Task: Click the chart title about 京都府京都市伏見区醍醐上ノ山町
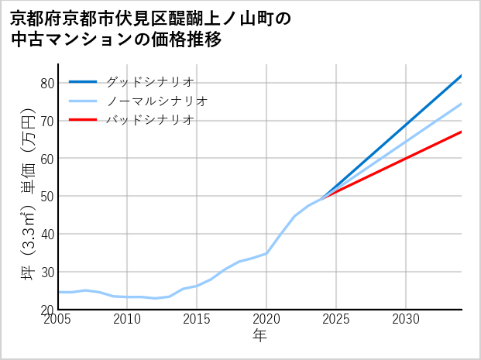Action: coord(151,29)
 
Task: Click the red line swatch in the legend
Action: coord(83,120)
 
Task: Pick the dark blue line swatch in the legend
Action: coord(83,81)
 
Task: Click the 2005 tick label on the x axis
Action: coord(58,319)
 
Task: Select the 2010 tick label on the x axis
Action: coord(128,319)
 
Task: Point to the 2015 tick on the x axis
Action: coord(197,319)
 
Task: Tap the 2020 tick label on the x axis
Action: coord(266,319)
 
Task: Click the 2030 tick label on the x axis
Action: coord(406,319)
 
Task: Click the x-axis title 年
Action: coord(260,336)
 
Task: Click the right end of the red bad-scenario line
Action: coord(461,132)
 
